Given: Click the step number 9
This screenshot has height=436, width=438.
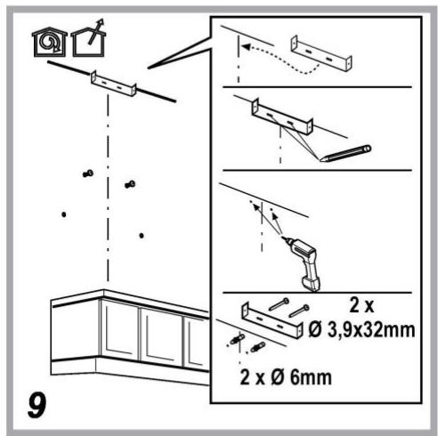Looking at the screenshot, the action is pyautogui.click(x=37, y=405).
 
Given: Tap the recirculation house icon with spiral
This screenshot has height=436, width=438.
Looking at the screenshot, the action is pyautogui.click(x=50, y=42).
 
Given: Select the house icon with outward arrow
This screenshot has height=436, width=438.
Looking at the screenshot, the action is pyautogui.click(x=89, y=38).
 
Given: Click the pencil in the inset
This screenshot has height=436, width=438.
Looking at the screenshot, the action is pyautogui.click(x=345, y=153).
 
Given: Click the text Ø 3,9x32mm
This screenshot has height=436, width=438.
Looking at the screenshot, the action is pyautogui.click(x=361, y=330).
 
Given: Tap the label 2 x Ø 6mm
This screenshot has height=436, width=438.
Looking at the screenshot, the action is pyautogui.click(x=286, y=377).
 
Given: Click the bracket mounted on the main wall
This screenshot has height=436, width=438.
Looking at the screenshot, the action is pyautogui.click(x=114, y=84).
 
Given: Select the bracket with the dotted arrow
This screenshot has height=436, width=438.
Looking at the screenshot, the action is pyautogui.click(x=321, y=53).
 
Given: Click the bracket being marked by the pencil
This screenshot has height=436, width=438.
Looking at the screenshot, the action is pyautogui.click(x=282, y=117).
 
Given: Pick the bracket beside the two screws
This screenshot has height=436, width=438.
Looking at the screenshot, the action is pyautogui.click(x=272, y=321).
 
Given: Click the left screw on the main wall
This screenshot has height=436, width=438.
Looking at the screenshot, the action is pyautogui.click(x=88, y=174).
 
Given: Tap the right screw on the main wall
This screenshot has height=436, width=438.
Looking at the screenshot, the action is pyautogui.click(x=130, y=184).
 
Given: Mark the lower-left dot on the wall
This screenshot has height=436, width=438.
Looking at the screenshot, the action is pyautogui.click(x=64, y=214).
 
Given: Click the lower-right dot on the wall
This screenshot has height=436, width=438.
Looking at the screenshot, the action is pyautogui.click(x=142, y=236).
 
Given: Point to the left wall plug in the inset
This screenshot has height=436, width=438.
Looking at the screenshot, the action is pyautogui.click(x=237, y=339).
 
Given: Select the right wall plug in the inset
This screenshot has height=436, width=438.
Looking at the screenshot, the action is pyautogui.click(x=257, y=347).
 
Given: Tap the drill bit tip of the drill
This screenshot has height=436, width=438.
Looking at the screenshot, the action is pyautogui.click(x=282, y=237).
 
